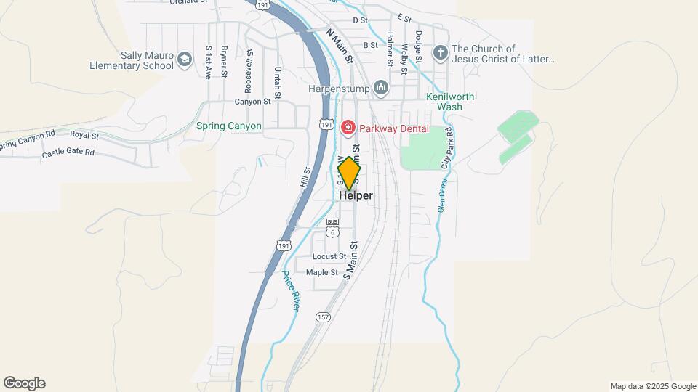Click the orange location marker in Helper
[349, 173]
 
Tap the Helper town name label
[356, 196]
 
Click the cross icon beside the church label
[439, 53]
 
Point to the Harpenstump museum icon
[380, 89]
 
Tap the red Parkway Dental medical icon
[348, 128]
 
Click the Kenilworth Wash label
[444, 101]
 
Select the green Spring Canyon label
[228, 126]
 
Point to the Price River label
[290, 290]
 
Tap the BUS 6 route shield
[332, 228]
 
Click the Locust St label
[329, 256]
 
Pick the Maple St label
[322, 272]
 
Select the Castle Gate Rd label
[68, 152]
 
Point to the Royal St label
[84, 135]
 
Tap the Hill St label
[305, 179]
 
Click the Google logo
[24, 383]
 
